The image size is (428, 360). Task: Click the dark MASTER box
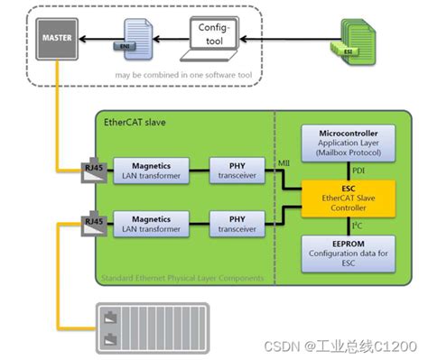(x=56, y=39)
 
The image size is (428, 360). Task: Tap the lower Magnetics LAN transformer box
(x=151, y=223)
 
